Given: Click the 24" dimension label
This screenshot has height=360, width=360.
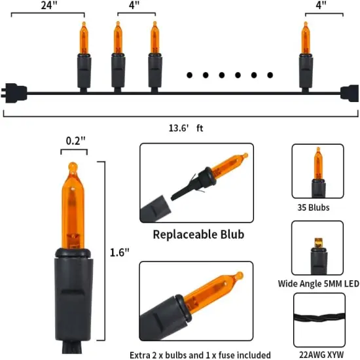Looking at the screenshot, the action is tap(50, 5).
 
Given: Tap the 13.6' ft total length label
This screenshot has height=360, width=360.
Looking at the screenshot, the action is tap(186, 128).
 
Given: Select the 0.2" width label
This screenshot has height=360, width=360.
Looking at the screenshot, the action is tap(75, 141).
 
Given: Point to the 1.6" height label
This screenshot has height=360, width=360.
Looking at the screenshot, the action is tap(120, 252).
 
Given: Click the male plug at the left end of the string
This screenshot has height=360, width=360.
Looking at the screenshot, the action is tap(14, 93).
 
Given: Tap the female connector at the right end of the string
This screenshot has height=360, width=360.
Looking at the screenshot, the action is tap(350, 93).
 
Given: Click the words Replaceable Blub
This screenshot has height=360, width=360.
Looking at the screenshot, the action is tap(198, 234).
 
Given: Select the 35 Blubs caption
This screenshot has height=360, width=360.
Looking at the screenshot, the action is tap(314, 207).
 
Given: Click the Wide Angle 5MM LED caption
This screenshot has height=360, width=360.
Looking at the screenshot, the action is tap(319, 283).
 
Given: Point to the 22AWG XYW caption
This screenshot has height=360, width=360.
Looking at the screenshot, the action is tap(321, 355).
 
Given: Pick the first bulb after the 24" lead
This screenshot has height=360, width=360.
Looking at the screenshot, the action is tap(84, 56).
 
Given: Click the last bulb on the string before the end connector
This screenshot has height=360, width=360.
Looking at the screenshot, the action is tap(306, 56).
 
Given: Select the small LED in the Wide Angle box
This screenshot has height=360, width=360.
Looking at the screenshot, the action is tap(319, 243).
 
